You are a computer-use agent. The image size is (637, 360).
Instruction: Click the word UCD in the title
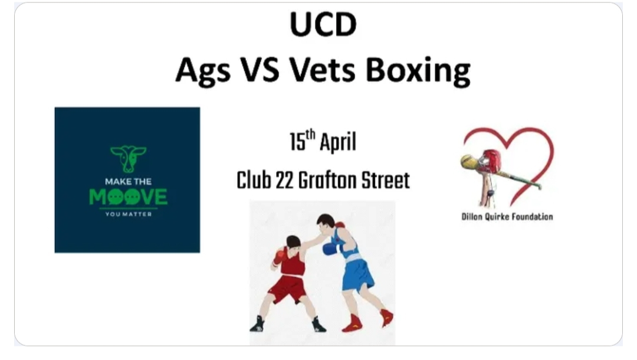(x=323, y=27)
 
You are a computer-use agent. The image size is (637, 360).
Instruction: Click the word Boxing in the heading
(x=418, y=71)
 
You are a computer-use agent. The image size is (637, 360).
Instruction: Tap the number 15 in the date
(x=297, y=143)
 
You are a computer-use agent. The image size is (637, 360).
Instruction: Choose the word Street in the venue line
(x=386, y=180)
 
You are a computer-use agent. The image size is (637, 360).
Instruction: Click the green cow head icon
(x=128, y=158)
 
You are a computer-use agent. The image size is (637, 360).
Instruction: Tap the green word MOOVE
(x=128, y=197)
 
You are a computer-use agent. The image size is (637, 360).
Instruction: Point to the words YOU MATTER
(x=128, y=214)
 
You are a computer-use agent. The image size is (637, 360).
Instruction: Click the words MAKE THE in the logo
(x=128, y=181)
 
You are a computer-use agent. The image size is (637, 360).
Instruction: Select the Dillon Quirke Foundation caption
(x=507, y=217)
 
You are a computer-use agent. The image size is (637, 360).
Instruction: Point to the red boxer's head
(x=293, y=243)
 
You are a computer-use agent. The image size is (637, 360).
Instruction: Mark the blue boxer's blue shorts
(x=357, y=273)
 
